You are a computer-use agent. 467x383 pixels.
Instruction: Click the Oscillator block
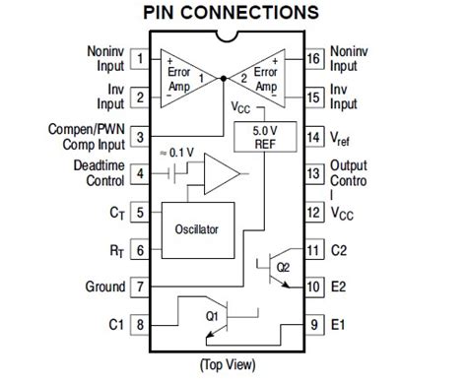tap(196, 228)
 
